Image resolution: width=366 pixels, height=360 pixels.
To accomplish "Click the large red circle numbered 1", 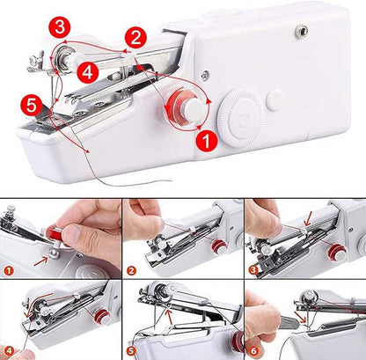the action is pos(207,141).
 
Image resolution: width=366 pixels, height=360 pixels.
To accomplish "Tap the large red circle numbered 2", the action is pos(135,38).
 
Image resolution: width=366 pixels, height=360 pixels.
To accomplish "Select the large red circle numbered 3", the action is pos(60,27).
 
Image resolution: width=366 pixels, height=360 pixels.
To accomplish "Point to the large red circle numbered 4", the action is pos(87,72).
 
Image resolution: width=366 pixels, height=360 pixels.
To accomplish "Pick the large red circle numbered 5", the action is pos(32,106).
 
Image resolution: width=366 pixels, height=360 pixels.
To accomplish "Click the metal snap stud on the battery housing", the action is pos(302,29).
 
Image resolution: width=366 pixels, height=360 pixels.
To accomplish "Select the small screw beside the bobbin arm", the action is pos(205,75).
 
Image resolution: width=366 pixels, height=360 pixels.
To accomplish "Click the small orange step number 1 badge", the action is pos(9,270).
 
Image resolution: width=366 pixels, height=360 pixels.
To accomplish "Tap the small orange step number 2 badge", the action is pos(132,270).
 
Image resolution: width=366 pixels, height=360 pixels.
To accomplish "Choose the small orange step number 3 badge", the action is pos(253,269).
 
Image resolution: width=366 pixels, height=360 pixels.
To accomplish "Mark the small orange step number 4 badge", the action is pos(9,351).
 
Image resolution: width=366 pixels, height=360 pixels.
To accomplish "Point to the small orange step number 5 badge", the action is pos(133,351).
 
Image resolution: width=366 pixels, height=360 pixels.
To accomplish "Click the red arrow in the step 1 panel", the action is pos(40,261).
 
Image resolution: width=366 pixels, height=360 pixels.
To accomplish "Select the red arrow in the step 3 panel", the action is pos(309,219).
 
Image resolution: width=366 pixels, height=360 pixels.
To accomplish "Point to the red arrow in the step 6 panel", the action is pos(301,318).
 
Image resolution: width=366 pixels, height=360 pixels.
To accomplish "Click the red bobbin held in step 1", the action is pos(55,235).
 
